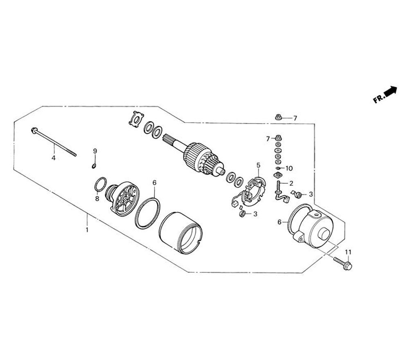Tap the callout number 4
[x=54, y=158]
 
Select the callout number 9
[x=95, y=151]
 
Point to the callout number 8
[x=97, y=199]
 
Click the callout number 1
[x=87, y=230]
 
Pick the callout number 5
[x=258, y=165]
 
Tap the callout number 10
[x=289, y=169]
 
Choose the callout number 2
[x=291, y=183]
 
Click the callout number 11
[x=348, y=252]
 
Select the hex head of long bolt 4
[x=34, y=130]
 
